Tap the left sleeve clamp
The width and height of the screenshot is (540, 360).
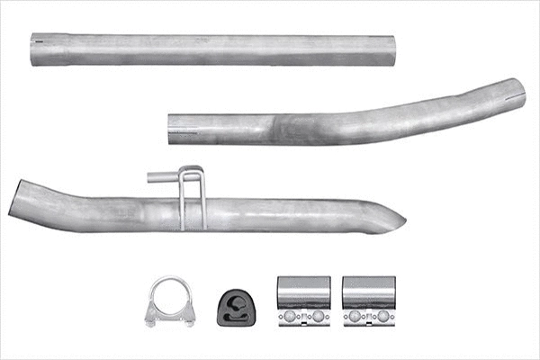(x=303, y=301)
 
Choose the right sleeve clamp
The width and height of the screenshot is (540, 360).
(x=369, y=301)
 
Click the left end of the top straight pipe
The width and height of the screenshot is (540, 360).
(x=34, y=50)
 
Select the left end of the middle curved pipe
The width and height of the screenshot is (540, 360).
(x=172, y=129)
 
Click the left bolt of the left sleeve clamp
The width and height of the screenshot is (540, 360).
(x=290, y=317)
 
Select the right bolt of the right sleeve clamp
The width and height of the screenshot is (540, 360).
(x=382, y=317)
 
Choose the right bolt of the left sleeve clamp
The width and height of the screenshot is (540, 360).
(x=317, y=317)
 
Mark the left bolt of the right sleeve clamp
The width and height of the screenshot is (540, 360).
(x=355, y=317)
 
